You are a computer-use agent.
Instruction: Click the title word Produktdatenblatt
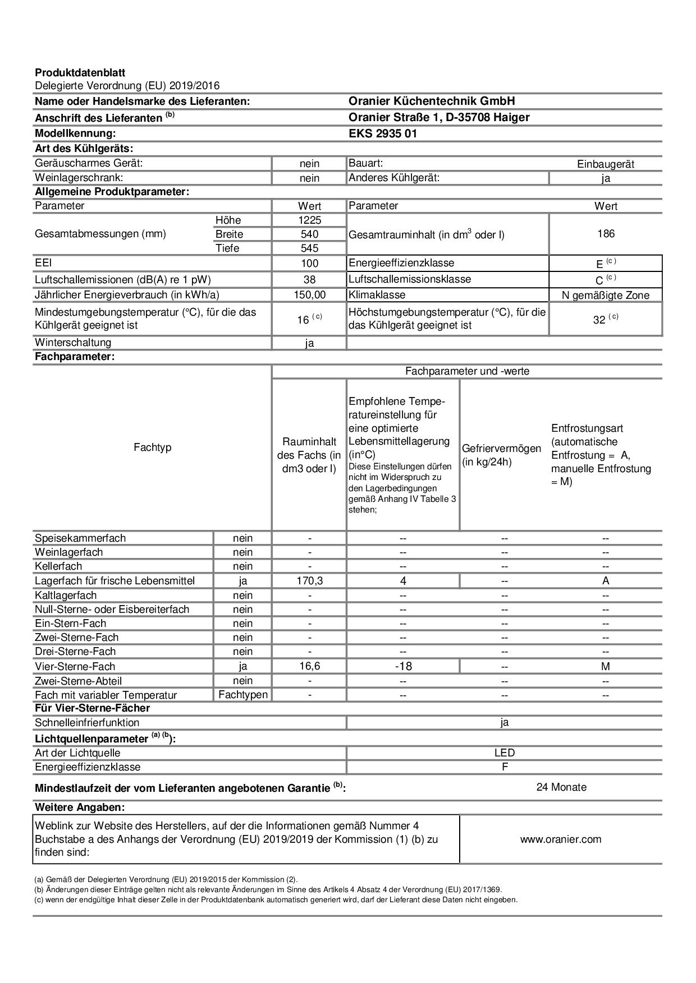pos(80,72)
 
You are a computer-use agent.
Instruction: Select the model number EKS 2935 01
pos(383,133)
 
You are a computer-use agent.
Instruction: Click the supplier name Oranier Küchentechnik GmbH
pos(432,101)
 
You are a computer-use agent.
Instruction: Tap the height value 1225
pos(309,220)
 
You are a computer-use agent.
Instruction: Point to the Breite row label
pos(229,234)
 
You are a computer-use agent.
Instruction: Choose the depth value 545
pos(309,248)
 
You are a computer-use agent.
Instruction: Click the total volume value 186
pos(606,234)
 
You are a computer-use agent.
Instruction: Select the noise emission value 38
pos(309,279)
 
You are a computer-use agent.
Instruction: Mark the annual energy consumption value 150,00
pos(309,295)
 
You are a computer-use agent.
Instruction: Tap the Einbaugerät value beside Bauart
pos(606,164)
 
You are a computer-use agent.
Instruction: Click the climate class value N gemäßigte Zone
pos(606,296)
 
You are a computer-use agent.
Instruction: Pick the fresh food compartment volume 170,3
pos(309,581)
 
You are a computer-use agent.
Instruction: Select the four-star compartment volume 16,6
pos(309,666)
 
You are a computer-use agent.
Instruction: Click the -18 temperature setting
pos(403,666)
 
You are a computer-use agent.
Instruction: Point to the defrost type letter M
pos(605,666)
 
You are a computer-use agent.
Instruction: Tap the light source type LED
pos(505,753)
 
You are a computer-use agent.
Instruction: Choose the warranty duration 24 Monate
pos(561,787)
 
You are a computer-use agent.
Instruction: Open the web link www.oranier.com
pos(561,839)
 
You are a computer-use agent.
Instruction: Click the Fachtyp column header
pos(153,447)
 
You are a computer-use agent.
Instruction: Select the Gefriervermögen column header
pos(501,455)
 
